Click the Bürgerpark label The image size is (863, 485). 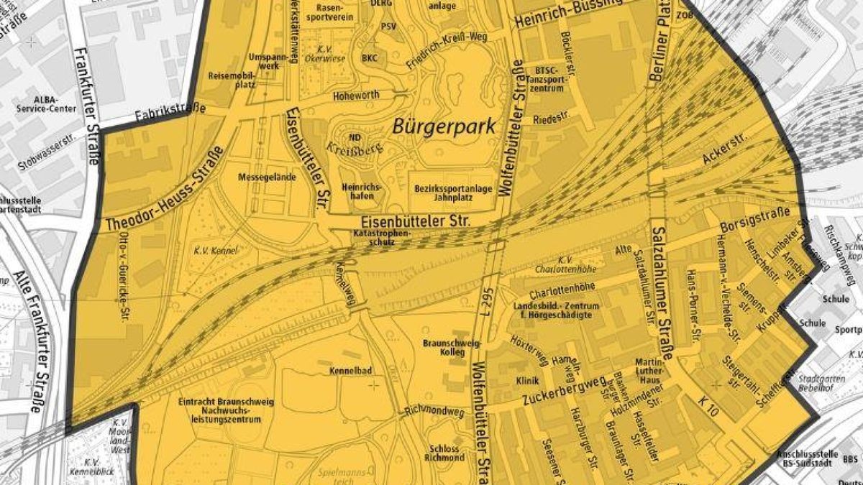(x=444, y=128)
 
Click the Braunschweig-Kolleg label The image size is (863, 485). (x=450, y=348)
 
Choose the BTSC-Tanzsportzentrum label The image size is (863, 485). (x=552, y=79)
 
